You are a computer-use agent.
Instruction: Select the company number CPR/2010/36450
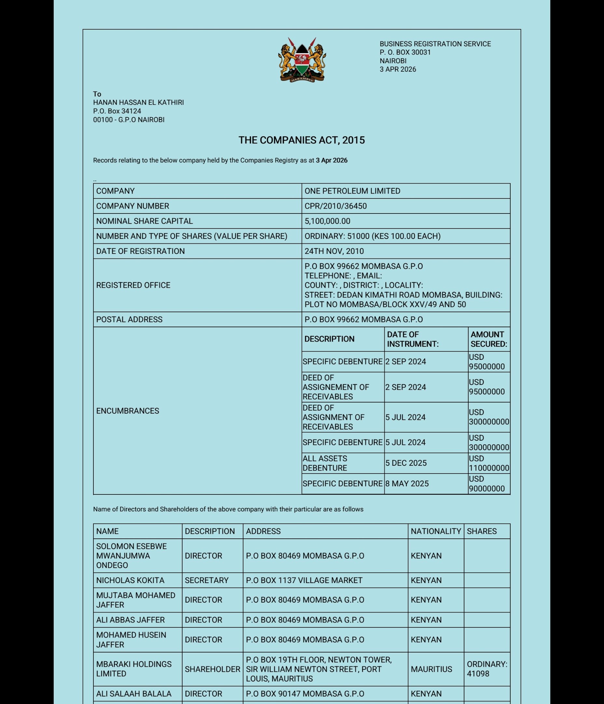tap(335, 206)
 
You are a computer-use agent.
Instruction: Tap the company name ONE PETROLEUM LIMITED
tap(352, 191)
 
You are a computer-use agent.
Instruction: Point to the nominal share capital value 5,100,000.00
tap(327, 221)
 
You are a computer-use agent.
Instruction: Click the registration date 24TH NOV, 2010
tap(334, 251)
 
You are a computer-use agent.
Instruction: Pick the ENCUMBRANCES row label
tap(128, 411)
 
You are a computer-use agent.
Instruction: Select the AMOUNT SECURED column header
tap(488, 339)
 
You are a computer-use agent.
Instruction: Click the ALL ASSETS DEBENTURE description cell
tap(325, 463)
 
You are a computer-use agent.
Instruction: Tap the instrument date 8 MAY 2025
tap(406, 483)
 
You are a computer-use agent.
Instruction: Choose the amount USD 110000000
tap(488, 463)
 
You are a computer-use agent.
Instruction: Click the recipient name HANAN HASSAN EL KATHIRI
tap(138, 102)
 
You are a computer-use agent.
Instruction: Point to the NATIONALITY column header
tap(436, 531)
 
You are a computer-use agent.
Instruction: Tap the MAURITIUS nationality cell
tap(431, 669)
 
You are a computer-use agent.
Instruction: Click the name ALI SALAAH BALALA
tap(134, 694)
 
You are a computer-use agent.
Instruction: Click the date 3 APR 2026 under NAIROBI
tap(398, 69)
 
